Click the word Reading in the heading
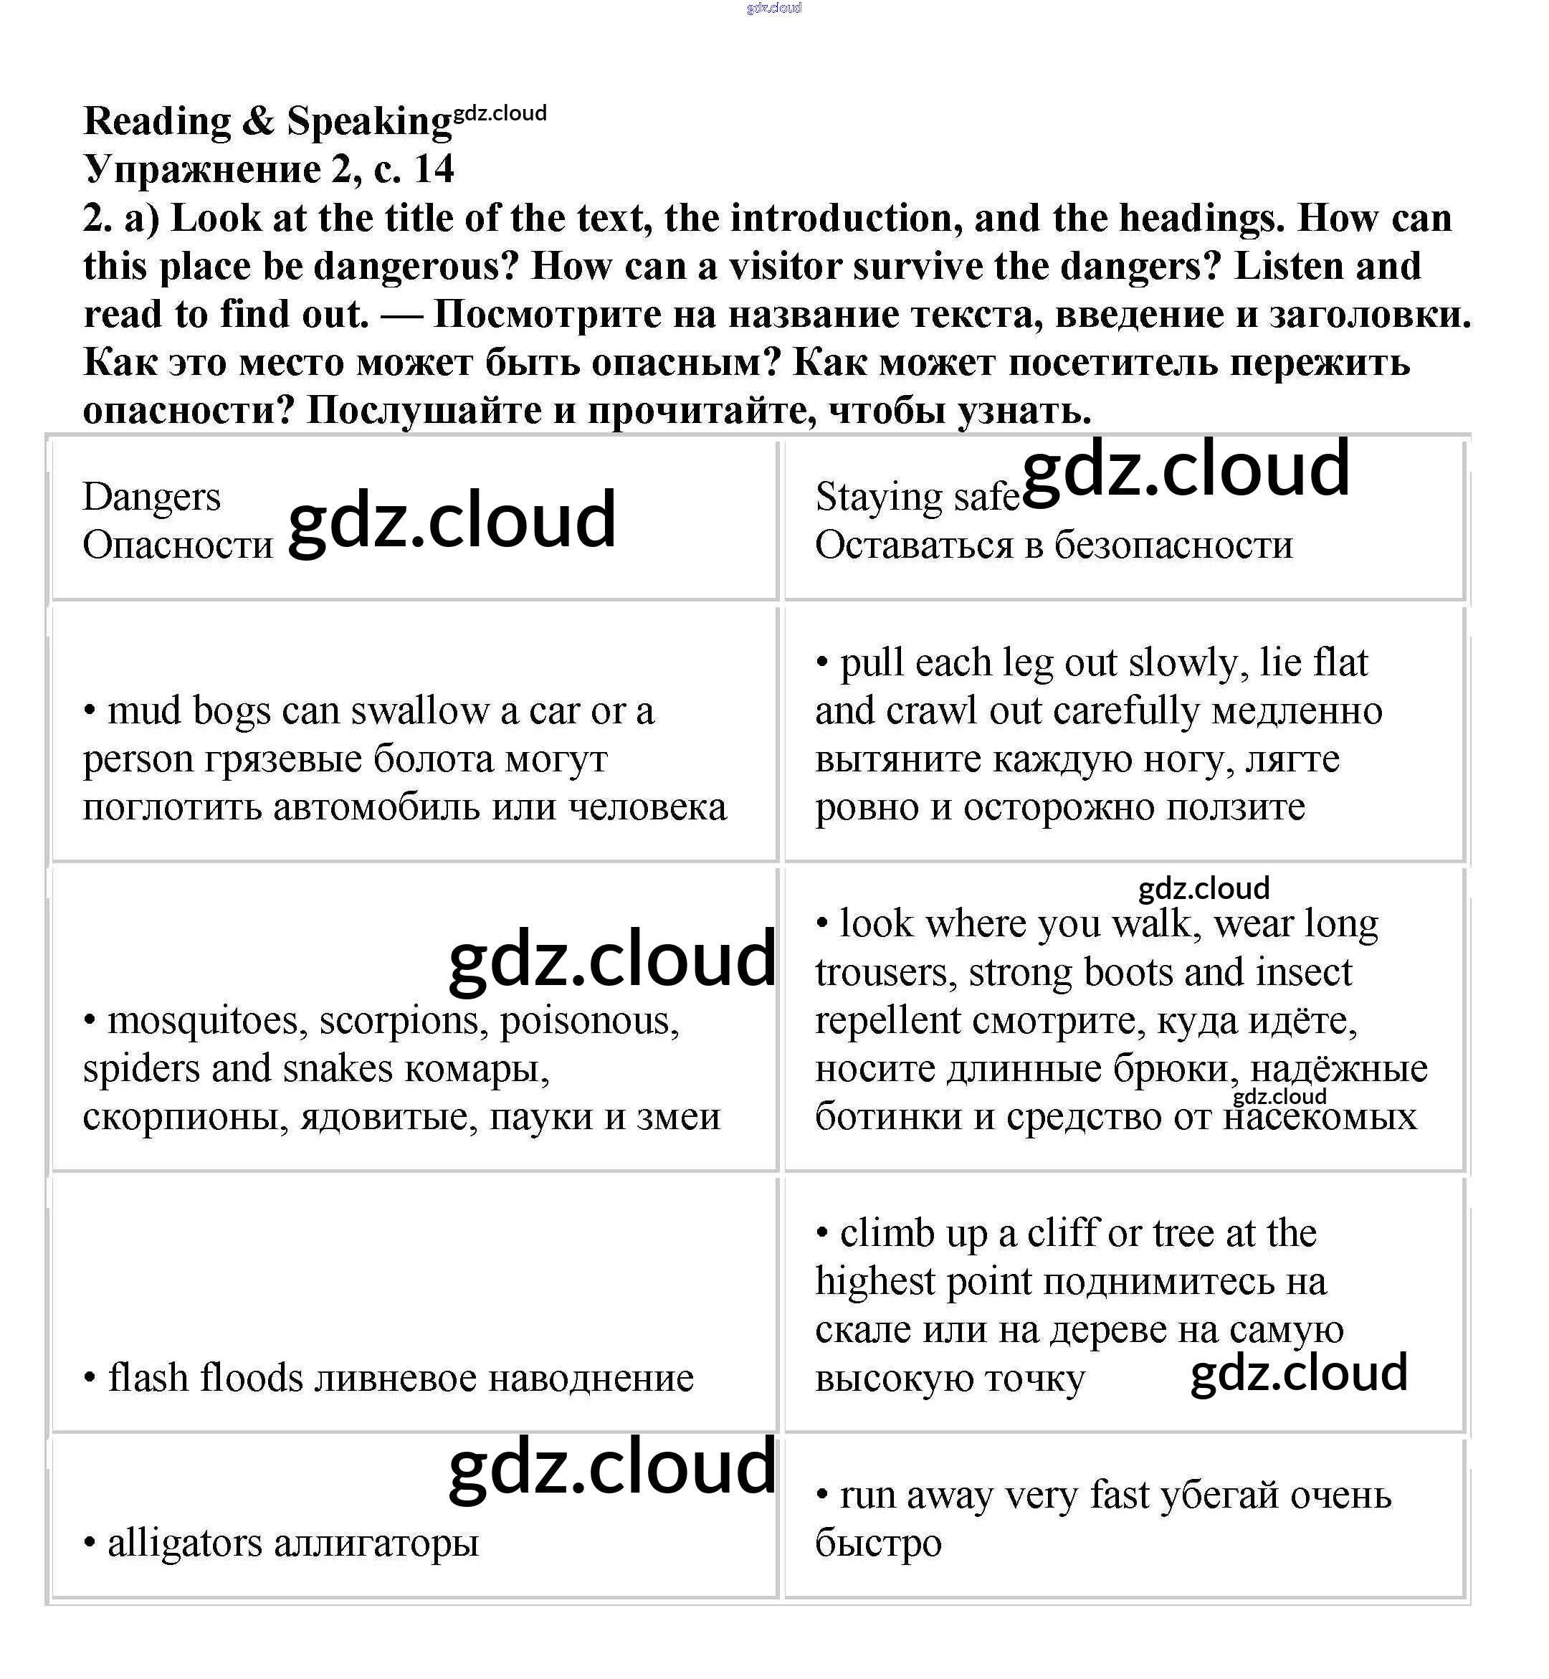[157, 122]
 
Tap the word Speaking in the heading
[369, 122]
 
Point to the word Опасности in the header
[178, 546]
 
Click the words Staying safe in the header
[917, 497]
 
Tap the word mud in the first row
[143, 712]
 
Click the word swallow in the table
[419, 712]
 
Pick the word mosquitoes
[202, 1021]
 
